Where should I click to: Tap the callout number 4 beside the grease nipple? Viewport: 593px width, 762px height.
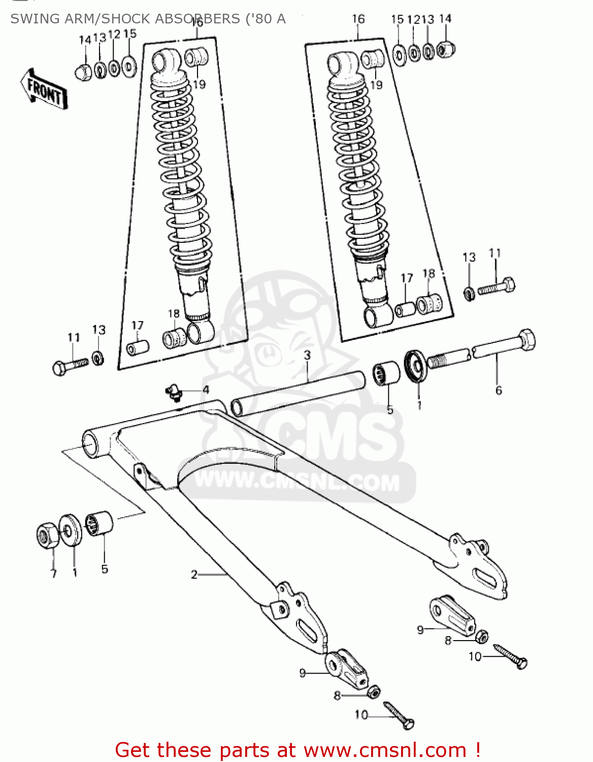(206, 390)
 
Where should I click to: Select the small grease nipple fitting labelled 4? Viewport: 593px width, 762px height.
(174, 393)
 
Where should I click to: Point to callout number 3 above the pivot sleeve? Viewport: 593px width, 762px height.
(307, 355)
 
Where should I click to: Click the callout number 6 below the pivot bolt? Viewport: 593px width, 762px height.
(499, 390)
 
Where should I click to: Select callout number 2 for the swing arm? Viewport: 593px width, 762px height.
(194, 575)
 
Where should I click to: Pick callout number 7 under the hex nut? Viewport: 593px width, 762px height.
(53, 574)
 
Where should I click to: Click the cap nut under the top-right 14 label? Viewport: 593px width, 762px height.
(445, 49)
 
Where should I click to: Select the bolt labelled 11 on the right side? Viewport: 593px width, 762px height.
(497, 287)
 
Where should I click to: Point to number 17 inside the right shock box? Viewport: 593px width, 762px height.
(407, 278)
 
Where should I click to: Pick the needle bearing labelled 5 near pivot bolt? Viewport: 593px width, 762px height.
(386, 373)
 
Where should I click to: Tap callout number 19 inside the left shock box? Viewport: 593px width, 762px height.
(199, 84)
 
